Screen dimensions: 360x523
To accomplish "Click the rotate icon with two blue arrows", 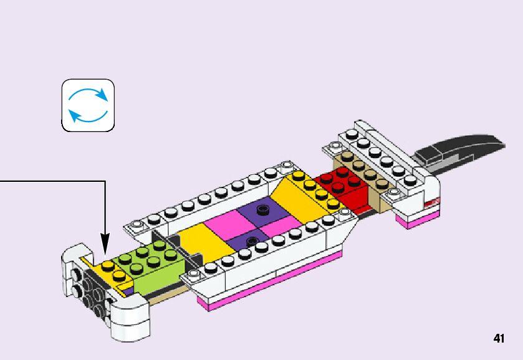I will coord(88,105).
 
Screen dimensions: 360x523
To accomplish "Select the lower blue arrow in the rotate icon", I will coord(87,116).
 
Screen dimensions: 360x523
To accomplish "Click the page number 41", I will coord(498,338).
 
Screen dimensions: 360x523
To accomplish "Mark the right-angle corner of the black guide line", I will coord(105,181).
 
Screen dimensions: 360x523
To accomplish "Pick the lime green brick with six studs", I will coord(149,262).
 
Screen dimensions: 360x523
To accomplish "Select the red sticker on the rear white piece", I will coord(432,202).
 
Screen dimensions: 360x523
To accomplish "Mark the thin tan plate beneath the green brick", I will coord(168,293).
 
